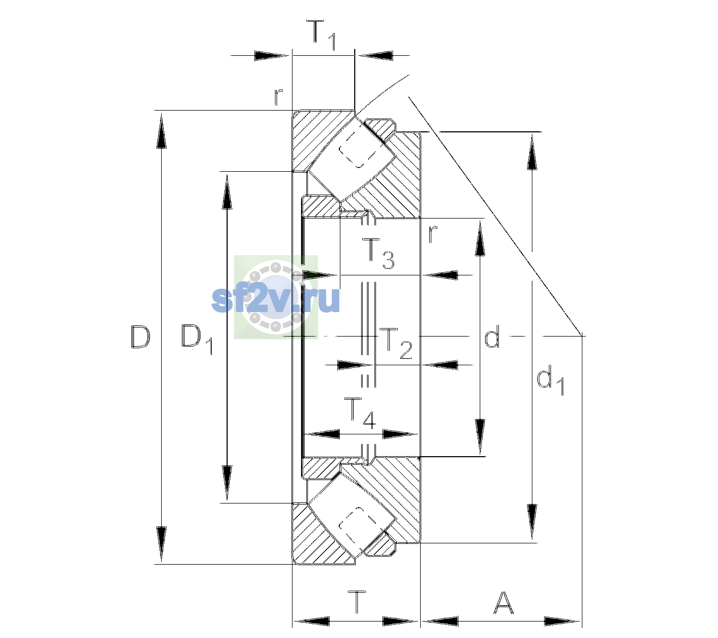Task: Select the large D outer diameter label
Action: [x=140, y=337]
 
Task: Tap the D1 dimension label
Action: [x=197, y=338]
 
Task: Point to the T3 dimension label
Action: [x=378, y=253]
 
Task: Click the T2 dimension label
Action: [x=396, y=343]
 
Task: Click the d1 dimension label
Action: [x=550, y=382]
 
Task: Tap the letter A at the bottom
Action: [x=503, y=602]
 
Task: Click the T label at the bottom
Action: [x=357, y=602]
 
